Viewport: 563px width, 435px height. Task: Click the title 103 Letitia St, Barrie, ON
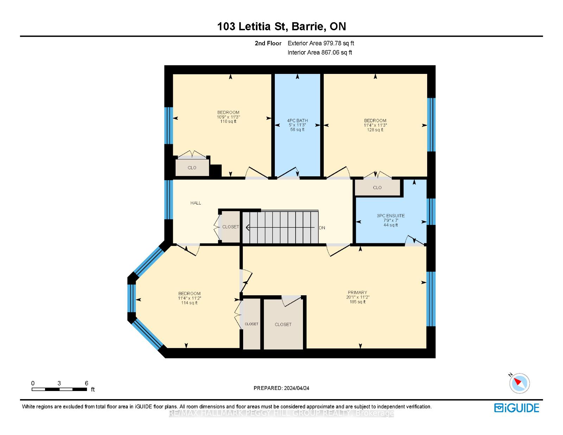[x=281, y=26]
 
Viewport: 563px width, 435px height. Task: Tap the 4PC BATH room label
[x=297, y=120]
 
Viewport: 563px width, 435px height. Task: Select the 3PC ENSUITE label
[x=391, y=215]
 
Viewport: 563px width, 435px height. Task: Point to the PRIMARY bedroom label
[x=358, y=292]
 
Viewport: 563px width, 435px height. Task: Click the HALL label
[x=196, y=203]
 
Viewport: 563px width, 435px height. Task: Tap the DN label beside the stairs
[x=322, y=228]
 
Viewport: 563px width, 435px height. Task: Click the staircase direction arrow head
[x=247, y=227]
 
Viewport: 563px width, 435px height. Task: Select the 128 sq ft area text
[x=375, y=130]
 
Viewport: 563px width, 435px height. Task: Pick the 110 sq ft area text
[x=228, y=121]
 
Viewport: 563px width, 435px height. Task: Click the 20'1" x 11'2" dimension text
[x=358, y=297]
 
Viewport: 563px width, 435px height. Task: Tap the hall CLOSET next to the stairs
[x=230, y=227]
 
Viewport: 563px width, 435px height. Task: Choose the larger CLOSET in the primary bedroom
[x=283, y=324]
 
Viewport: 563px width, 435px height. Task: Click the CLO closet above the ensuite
[x=377, y=187]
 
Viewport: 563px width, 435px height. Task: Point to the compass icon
[x=519, y=384]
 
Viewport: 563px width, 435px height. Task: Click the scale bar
[x=59, y=389]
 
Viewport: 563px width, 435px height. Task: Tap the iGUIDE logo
[x=517, y=408]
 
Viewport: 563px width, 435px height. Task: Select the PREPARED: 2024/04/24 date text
[x=281, y=388]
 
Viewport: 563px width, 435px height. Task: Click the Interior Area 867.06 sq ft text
[x=320, y=52]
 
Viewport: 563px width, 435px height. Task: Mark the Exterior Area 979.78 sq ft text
[x=321, y=43]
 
